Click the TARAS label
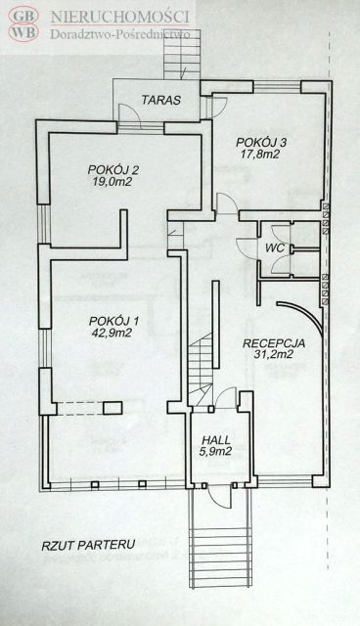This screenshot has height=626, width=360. pyautogui.click(x=160, y=100)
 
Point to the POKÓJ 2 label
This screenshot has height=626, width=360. pyautogui.click(x=113, y=170)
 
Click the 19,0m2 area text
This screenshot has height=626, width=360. pyautogui.click(x=112, y=182)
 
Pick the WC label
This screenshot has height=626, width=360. pyautogui.click(x=276, y=247)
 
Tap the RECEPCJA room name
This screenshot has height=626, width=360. pyautogui.click(x=274, y=343)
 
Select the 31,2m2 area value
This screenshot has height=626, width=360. pyautogui.click(x=274, y=354)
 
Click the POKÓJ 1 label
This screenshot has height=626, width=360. pyautogui.click(x=113, y=321)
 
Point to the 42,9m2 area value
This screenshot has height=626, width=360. pyautogui.click(x=112, y=333)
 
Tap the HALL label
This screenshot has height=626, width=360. pyautogui.click(x=216, y=440)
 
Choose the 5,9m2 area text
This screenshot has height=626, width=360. pyautogui.click(x=217, y=452)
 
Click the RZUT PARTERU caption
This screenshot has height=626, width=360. pyautogui.click(x=88, y=545)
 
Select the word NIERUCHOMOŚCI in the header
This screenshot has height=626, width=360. pyautogui.click(x=119, y=17)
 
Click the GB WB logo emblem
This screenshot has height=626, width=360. pyautogui.click(x=23, y=23)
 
